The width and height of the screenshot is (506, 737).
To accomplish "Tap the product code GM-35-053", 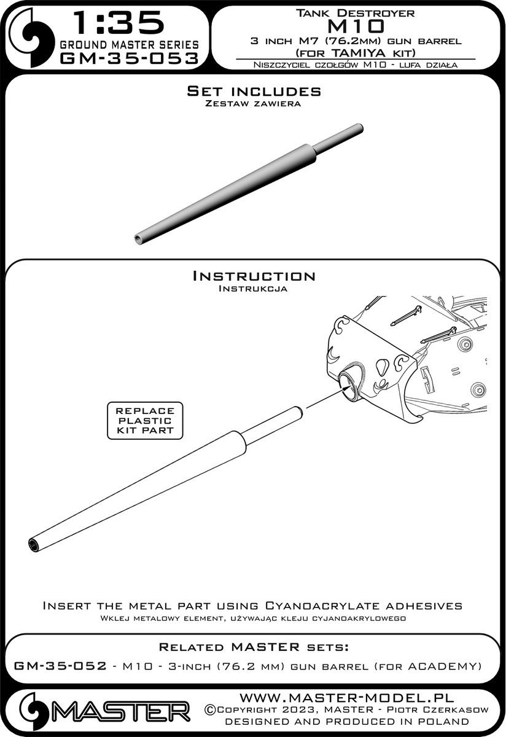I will [x=129, y=58].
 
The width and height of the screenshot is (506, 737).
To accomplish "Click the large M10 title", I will [x=356, y=25].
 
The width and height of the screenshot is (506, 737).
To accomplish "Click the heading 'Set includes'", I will [x=254, y=91].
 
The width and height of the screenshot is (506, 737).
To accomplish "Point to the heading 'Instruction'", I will [x=254, y=276].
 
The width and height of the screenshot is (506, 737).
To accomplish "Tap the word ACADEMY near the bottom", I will [x=446, y=666].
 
